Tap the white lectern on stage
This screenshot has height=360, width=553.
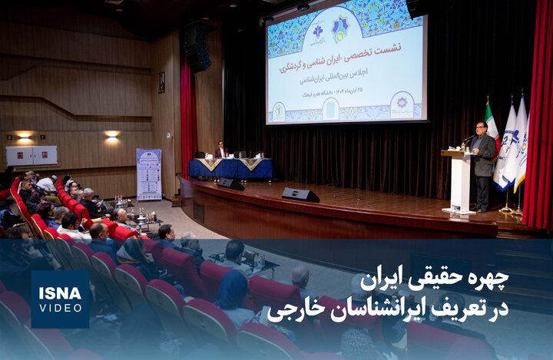pyautogui.click(x=459, y=181)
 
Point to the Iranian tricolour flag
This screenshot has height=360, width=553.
pyautogui.click(x=491, y=130)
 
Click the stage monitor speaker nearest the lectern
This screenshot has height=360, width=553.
pyautogui.click(x=300, y=195)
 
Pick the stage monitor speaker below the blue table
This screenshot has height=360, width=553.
pyautogui.click(x=230, y=184)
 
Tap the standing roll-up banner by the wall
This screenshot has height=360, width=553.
pyautogui.click(x=149, y=174)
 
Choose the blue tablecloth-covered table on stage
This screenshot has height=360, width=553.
pyautogui.click(x=230, y=168)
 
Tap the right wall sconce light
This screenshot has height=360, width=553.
pyautogui.click(x=112, y=134)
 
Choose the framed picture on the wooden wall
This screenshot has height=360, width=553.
pyautogui.click(x=161, y=82)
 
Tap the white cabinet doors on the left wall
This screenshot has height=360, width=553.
pyautogui.click(x=31, y=155)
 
